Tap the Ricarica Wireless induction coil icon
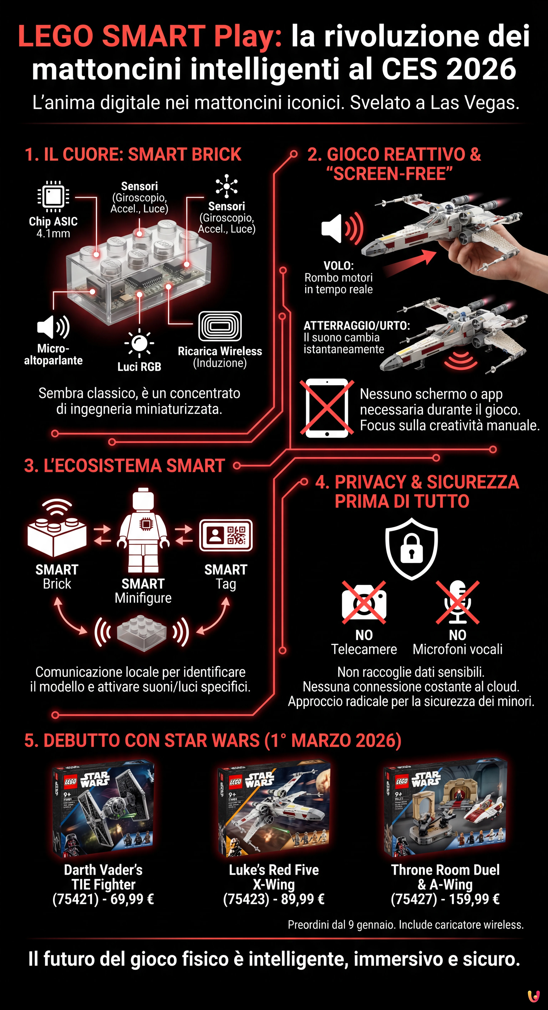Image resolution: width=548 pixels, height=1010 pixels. (x=220, y=326)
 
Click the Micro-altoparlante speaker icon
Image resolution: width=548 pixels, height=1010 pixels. (x=53, y=327)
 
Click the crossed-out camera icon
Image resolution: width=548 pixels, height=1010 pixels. (x=364, y=603)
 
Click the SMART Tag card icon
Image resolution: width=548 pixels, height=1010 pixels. (x=226, y=535)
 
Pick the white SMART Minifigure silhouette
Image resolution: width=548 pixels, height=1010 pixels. (x=143, y=530)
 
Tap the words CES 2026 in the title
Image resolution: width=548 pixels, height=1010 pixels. (x=449, y=69)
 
